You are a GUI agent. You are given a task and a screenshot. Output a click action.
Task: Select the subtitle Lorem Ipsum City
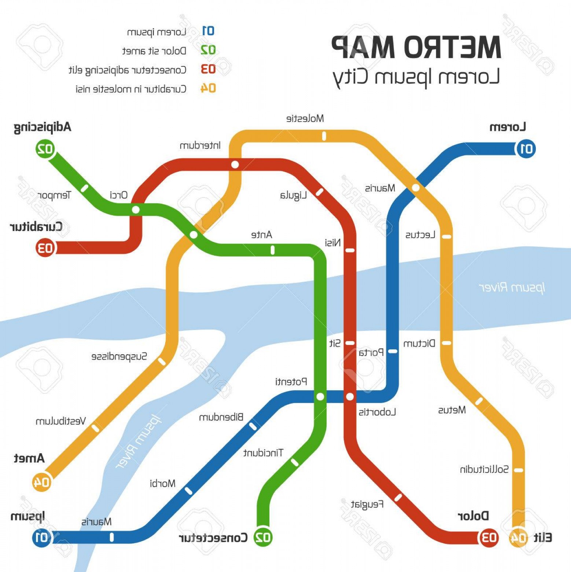coord(416,78)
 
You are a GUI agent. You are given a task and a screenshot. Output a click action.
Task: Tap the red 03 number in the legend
coord(208,69)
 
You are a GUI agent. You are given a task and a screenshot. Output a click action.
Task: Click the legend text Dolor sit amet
coord(154,51)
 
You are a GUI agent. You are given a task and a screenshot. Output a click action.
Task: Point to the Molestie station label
coord(305,118)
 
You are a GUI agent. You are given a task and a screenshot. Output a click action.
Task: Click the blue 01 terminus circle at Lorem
coord(526,149)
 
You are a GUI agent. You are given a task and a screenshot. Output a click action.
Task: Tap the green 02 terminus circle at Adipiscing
coord(45,149)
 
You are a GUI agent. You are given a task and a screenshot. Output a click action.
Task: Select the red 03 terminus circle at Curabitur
coord(45,248)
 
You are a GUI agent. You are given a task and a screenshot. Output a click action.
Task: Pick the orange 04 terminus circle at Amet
coord(41,482)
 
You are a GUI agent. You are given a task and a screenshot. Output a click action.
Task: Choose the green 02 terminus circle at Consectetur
coord(263,538)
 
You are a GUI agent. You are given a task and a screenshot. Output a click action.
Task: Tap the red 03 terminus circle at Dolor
coord(489,538)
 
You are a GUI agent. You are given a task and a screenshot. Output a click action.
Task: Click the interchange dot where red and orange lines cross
coord(235,165)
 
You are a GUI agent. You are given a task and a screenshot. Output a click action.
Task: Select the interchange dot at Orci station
coord(136,210)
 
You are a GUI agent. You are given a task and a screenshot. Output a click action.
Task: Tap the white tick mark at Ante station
coord(272,250)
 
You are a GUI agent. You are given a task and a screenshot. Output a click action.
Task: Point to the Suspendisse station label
coord(119,356)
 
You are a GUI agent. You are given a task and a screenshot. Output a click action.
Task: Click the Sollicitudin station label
coord(484,469)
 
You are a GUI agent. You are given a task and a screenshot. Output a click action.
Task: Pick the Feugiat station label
coord(367,505)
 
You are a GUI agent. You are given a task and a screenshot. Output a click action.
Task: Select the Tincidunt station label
coord(263,453)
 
